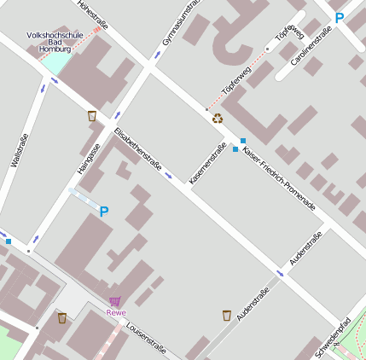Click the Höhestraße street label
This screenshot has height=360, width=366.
coord(95,16)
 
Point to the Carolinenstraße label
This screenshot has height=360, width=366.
coord(311,47)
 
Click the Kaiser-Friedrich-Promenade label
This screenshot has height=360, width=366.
coord(279,179)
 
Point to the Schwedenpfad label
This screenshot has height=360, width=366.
coord(333,337)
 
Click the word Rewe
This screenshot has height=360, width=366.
coord(115,312)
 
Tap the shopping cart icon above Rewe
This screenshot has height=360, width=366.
coord(115,301)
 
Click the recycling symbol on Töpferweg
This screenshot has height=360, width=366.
coord(218,119)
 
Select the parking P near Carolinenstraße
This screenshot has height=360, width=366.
coord(340,18)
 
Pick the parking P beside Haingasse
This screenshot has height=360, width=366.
coord(104,212)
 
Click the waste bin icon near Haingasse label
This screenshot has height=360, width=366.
coord(91,116)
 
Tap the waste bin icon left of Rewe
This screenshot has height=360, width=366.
coord(61,317)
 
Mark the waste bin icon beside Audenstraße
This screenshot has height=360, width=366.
coord(226,316)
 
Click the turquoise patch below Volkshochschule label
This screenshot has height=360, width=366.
coord(53,63)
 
